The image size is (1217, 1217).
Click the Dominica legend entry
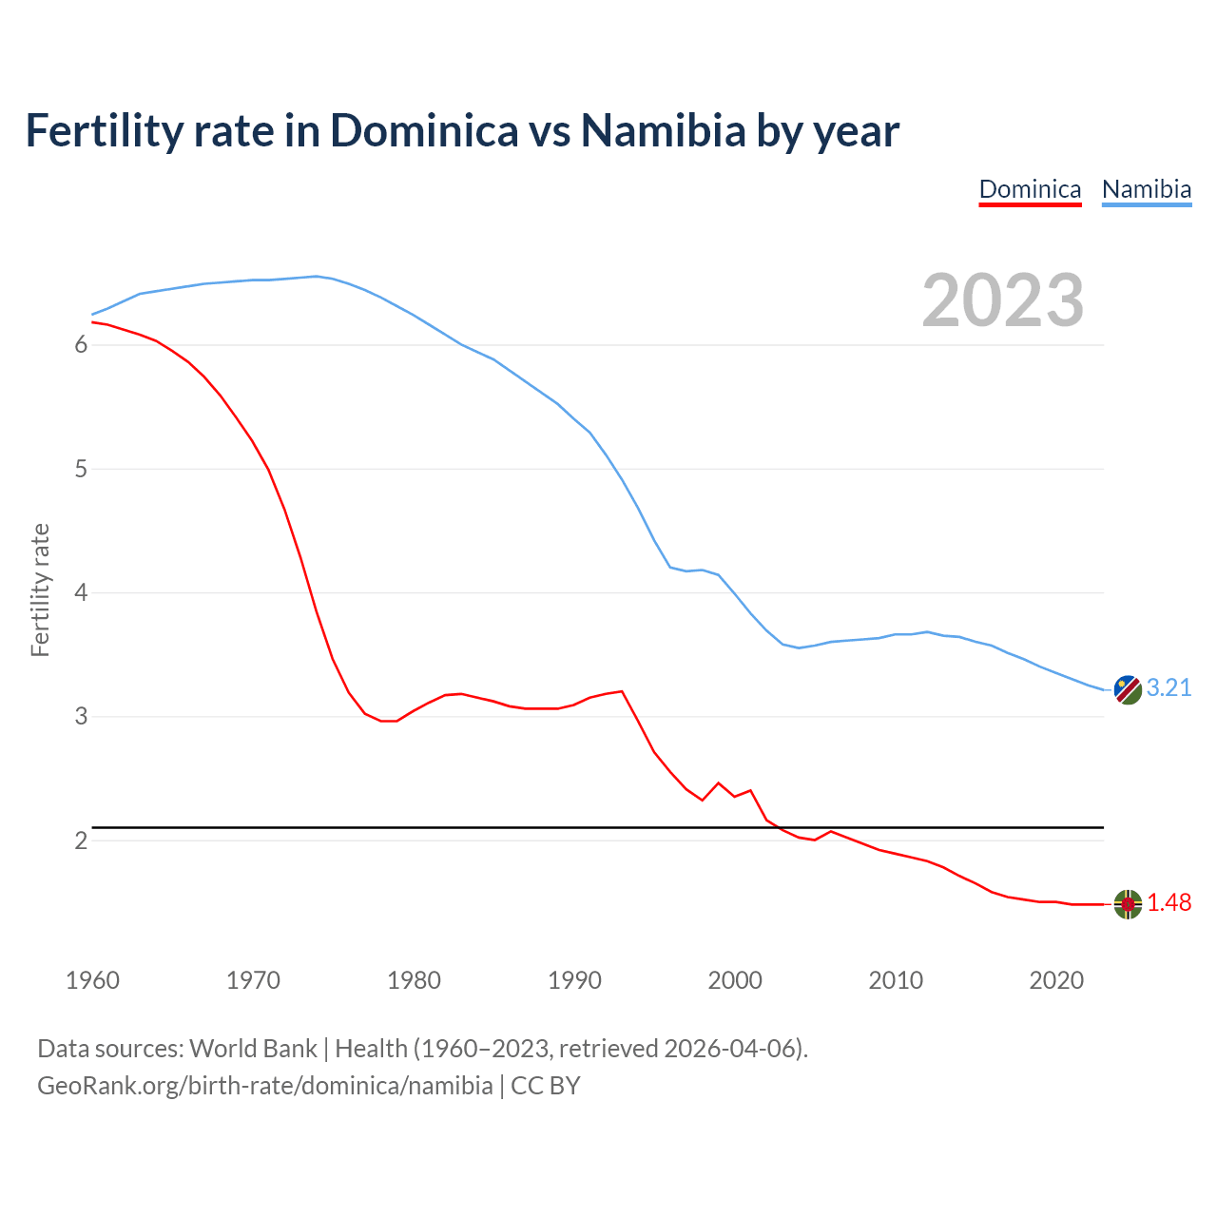click(x=1030, y=189)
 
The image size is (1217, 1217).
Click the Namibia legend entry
click(x=1146, y=189)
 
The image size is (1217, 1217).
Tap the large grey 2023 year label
click(x=1003, y=300)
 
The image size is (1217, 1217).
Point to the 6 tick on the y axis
click(x=81, y=345)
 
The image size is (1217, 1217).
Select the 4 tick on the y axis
click(x=81, y=593)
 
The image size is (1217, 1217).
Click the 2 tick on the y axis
click(x=81, y=841)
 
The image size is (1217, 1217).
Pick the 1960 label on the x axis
click(x=92, y=980)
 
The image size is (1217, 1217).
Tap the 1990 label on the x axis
click(x=574, y=980)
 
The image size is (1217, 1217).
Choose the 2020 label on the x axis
click(x=1056, y=980)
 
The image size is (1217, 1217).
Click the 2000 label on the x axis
click(x=735, y=980)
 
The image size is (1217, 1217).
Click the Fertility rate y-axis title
click(x=40, y=589)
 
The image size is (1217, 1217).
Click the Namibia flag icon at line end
click(x=1128, y=689)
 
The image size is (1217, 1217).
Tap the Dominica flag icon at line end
click(x=1128, y=904)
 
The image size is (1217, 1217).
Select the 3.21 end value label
click(x=1169, y=688)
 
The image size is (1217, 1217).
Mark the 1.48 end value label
click(x=1169, y=903)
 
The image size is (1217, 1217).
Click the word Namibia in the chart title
click(x=663, y=131)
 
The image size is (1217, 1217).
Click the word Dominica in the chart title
click(x=424, y=131)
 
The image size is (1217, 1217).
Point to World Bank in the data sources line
click(x=253, y=1049)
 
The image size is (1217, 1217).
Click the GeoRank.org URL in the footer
click(x=264, y=1086)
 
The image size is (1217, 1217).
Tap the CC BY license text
click(x=546, y=1086)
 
